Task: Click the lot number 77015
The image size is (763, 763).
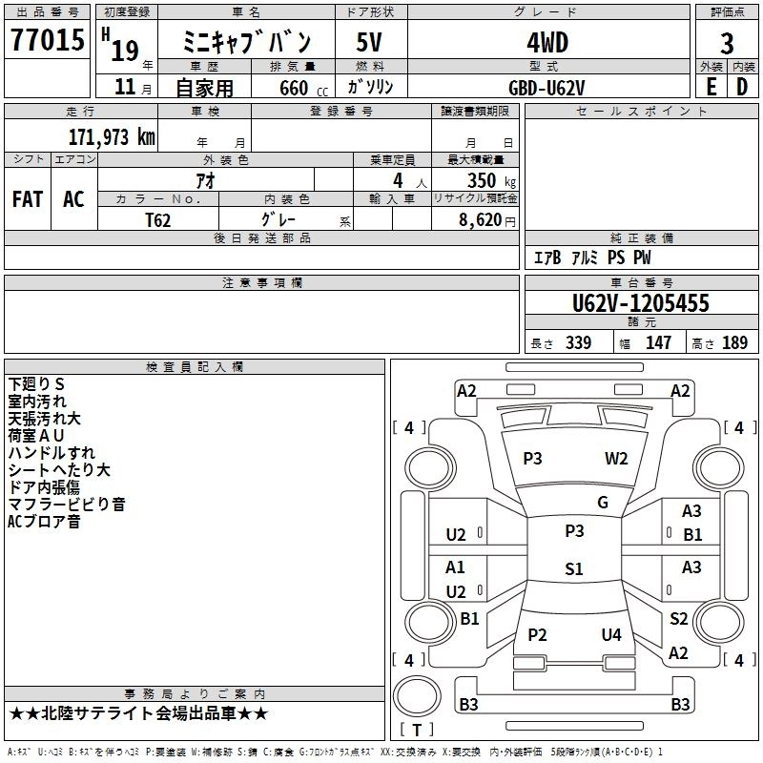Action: click(47, 42)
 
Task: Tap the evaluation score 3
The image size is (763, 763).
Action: click(727, 44)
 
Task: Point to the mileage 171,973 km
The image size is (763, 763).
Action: click(111, 136)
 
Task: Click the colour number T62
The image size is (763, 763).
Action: click(158, 219)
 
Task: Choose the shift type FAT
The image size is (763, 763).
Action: click(27, 198)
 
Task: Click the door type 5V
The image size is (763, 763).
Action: click(369, 43)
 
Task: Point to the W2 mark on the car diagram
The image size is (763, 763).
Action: click(616, 458)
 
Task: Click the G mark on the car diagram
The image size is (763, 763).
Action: click(602, 503)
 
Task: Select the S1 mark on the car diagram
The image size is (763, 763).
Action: click(573, 569)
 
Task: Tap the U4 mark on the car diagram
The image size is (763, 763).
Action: click(611, 634)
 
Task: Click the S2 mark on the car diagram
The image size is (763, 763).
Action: click(678, 619)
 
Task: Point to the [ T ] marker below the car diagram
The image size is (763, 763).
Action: click(417, 730)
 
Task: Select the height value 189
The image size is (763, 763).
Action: click(734, 343)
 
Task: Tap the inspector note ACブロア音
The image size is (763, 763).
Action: click(44, 522)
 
